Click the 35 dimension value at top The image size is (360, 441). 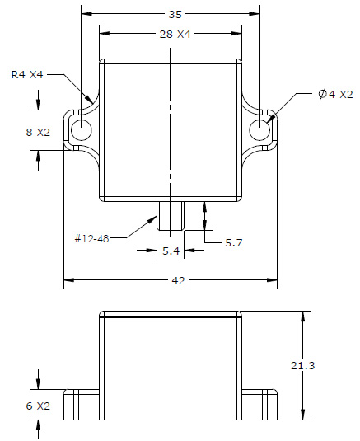click(174, 14)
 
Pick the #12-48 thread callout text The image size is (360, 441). click(91, 237)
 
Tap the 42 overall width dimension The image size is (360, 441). click(177, 280)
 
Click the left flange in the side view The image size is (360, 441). click(82, 405)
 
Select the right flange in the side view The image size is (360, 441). click(259, 405)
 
